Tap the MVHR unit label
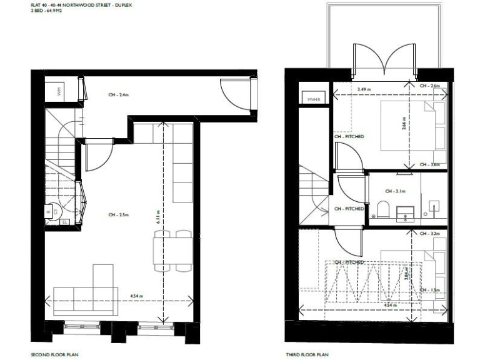[x=312, y=99]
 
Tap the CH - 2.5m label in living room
[x=118, y=215]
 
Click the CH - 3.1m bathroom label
[x=395, y=191]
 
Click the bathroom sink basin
[x=409, y=217]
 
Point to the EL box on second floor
[x=65, y=221]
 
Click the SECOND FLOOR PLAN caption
[x=55, y=354]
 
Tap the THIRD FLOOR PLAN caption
[x=306, y=354]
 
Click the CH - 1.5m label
[x=430, y=290]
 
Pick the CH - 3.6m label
[x=430, y=165]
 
